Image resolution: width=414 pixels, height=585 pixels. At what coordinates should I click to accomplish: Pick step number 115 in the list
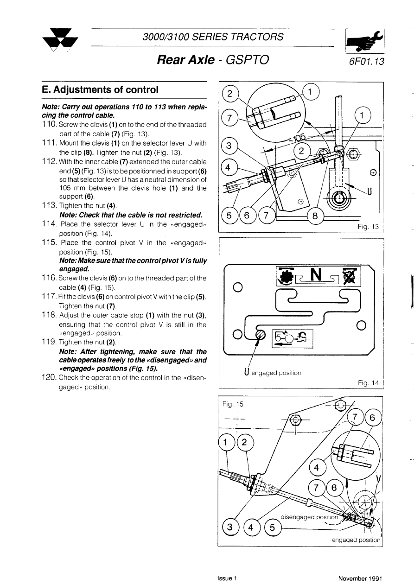(x=49, y=242)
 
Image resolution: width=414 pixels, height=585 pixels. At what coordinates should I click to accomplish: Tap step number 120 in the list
(x=49, y=379)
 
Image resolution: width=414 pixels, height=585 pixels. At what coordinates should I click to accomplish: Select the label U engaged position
(x=272, y=372)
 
